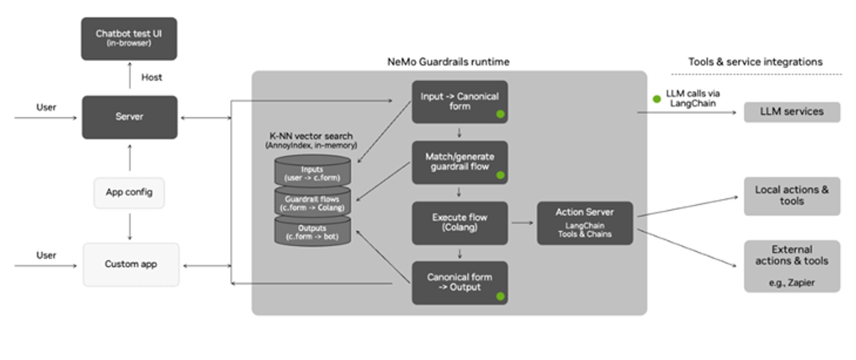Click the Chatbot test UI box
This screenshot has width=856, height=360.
[x=129, y=38]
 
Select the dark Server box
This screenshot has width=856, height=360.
[x=129, y=117]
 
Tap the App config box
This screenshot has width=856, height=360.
[x=129, y=193]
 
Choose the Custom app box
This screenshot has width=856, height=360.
[x=130, y=264]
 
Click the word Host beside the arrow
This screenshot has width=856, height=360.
[x=151, y=77]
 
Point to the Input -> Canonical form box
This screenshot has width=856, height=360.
[x=459, y=102]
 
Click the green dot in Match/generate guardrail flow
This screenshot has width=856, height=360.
[x=500, y=175]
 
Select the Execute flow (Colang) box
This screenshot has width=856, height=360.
[x=459, y=222]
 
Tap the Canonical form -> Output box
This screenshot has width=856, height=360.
[x=459, y=282]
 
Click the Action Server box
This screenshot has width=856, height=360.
[x=584, y=222]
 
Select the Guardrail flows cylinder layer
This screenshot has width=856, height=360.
[x=312, y=203]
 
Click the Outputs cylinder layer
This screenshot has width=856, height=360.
[x=312, y=232]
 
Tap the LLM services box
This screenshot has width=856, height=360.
[x=791, y=112]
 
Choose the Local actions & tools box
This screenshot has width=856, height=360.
[x=791, y=195]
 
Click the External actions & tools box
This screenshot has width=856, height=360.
[x=791, y=265]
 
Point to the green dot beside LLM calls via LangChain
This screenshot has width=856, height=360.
[x=656, y=99]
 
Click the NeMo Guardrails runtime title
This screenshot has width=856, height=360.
[x=448, y=62]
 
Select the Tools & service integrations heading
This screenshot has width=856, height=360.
[x=755, y=62]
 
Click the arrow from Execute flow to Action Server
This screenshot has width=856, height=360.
[x=522, y=222]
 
